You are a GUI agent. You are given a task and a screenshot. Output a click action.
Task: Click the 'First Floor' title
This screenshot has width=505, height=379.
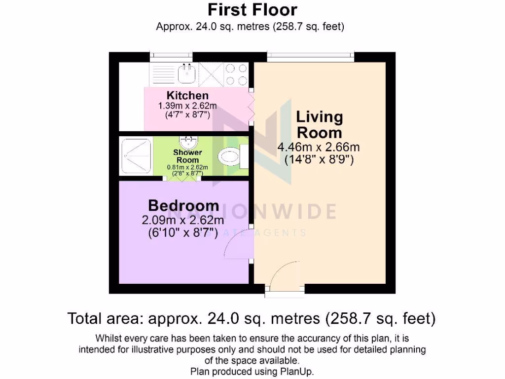252,9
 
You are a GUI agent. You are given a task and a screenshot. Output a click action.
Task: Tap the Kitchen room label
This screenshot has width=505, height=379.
187,95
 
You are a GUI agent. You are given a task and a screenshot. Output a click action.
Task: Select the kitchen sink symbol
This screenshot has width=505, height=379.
187,74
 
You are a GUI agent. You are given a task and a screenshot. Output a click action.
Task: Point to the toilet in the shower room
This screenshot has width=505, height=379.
231,157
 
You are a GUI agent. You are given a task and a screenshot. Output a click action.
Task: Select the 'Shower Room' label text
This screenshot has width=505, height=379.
188,156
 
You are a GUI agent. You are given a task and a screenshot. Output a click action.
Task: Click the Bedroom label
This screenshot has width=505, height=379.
184,205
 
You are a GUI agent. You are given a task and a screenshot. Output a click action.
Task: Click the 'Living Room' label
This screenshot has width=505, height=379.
319,125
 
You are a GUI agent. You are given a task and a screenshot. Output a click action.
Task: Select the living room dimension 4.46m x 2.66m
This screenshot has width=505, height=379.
319,147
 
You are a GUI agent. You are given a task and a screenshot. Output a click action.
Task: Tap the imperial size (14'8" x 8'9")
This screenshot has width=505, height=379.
320,160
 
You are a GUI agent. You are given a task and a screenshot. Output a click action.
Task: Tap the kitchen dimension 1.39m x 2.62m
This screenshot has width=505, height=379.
187,106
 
